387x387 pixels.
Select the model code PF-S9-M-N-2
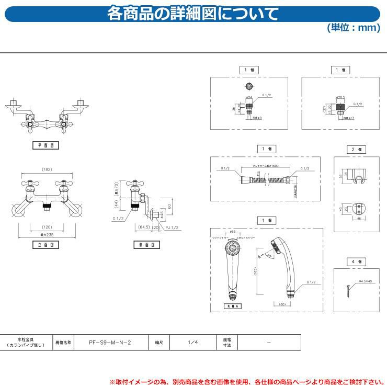(x=110, y=342)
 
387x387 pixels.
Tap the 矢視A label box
(x=233, y=306)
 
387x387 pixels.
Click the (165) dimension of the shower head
(x=256, y=272)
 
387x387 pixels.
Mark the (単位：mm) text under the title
(x=354, y=28)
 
